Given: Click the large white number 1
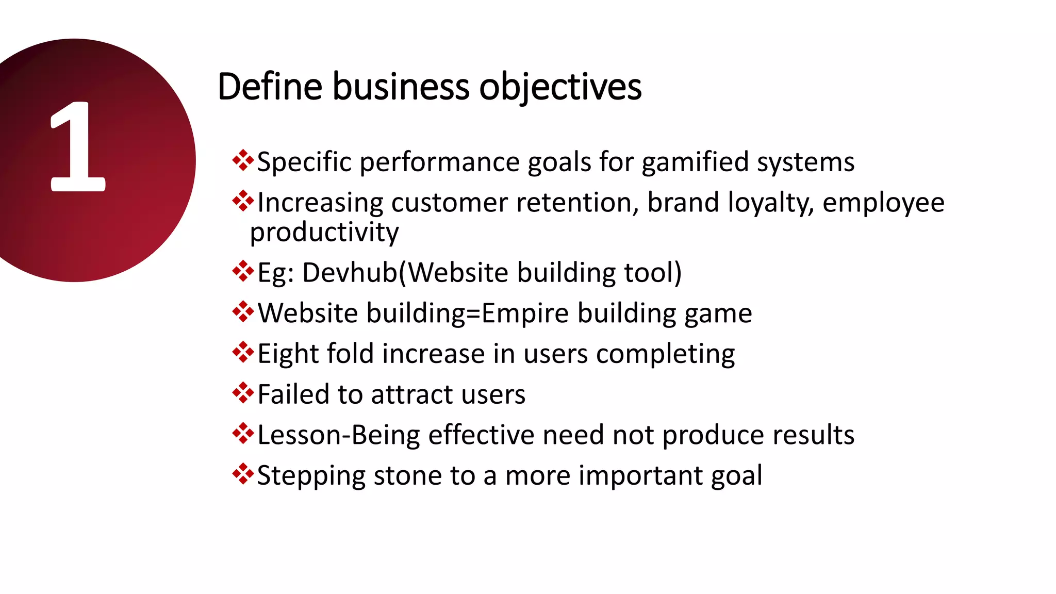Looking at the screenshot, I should [x=77, y=147].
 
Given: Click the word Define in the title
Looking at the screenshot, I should [x=269, y=87].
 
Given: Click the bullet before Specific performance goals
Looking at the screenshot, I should [x=242, y=161].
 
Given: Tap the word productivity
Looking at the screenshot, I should [x=324, y=232].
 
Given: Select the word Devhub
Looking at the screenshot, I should [x=350, y=272].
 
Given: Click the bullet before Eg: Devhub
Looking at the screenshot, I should [x=242, y=271].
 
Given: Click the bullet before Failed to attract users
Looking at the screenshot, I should [x=242, y=393].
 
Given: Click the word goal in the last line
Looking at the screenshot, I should [x=736, y=476].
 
